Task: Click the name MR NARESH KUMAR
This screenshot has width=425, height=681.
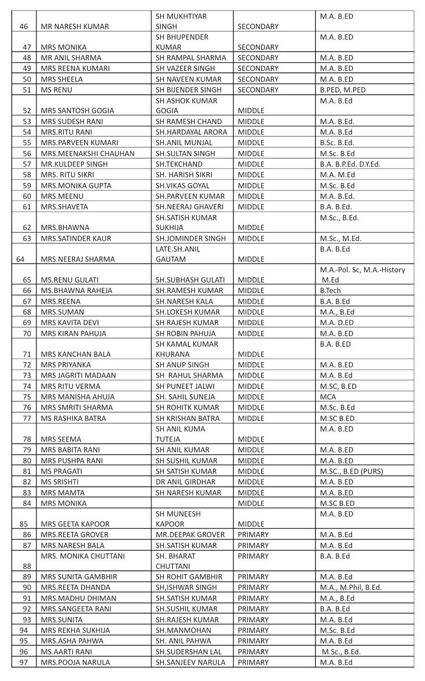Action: pos(75,26)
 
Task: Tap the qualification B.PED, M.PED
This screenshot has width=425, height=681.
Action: pos(342,90)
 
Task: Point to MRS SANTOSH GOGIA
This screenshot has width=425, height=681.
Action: pos(77,111)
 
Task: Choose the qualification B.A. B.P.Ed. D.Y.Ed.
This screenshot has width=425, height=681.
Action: pos(350,164)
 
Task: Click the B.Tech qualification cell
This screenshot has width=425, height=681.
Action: pos(330,290)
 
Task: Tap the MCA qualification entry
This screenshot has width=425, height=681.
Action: pos(328,397)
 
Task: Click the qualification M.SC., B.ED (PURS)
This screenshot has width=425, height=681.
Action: pos(351,471)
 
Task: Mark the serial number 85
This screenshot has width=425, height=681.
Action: pos(23,524)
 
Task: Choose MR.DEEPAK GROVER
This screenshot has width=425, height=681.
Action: pos(190,535)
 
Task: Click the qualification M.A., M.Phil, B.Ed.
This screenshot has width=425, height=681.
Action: pos(350,587)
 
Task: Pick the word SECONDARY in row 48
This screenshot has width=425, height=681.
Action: pos(258,58)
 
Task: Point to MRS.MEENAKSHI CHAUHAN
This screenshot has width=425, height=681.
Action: pos(87,153)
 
